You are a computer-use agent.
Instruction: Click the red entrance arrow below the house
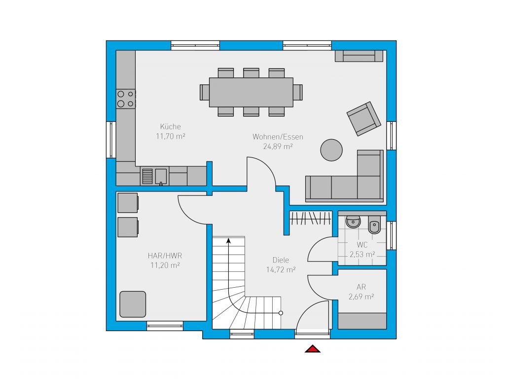click(312, 349)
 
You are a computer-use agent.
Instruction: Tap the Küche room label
click(170, 127)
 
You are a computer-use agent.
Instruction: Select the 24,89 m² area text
click(278, 147)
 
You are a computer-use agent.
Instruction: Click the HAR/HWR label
click(165, 256)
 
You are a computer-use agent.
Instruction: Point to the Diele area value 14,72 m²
click(281, 270)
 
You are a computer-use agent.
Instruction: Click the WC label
click(362, 245)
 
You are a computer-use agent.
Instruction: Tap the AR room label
click(361, 287)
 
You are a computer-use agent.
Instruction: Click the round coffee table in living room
click(331, 150)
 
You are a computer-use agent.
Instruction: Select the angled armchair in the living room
click(363, 118)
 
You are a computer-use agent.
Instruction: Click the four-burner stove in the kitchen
click(126, 99)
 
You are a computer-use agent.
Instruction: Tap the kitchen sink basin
click(161, 176)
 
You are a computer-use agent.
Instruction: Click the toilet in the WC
click(374, 225)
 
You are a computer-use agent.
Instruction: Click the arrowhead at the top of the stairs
click(228, 240)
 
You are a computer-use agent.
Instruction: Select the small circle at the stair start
click(281, 313)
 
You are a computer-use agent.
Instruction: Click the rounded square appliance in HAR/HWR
click(133, 304)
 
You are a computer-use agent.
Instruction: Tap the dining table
click(251, 92)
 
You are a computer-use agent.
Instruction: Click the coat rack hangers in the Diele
click(311, 218)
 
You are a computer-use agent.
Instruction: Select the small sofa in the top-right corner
click(359, 56)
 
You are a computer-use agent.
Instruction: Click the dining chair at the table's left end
click(205, 92)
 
